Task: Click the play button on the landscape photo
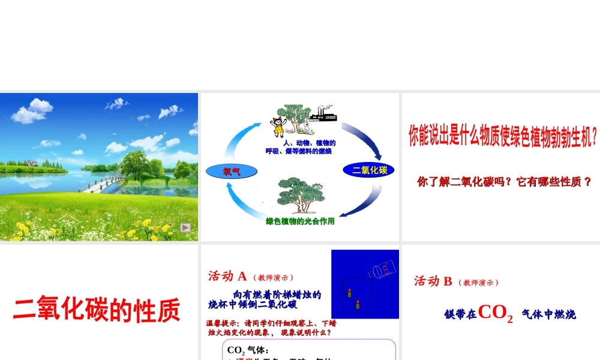click(186, 227)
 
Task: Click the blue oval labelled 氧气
click(232, 172)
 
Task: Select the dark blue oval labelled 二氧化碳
click(370, 170)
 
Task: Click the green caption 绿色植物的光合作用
click(300, 221)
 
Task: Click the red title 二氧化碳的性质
click(97, 310)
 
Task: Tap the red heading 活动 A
click(227, 276)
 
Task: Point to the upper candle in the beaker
click(349, 293)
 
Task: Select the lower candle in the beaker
click(358, 304)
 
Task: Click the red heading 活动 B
click(433, 281)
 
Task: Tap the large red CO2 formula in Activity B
click(496, 313)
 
